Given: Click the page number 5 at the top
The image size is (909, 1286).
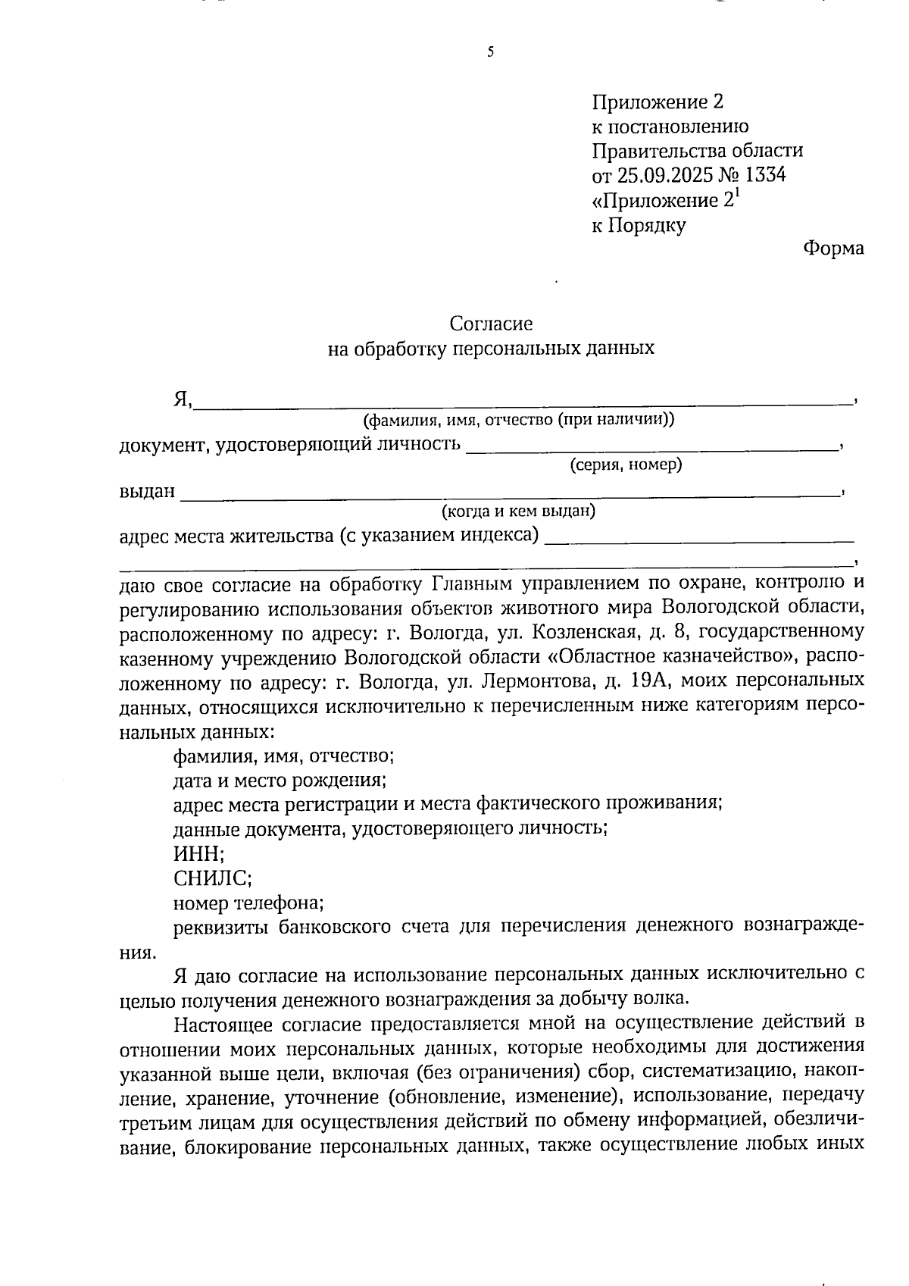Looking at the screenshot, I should (491, 52).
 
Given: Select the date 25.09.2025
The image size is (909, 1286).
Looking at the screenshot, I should (665, 176).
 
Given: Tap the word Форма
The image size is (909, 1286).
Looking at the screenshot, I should (833, 249).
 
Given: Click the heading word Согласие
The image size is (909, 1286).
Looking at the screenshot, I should (491, 324).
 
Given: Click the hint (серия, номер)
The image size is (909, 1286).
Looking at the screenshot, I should (626, 465).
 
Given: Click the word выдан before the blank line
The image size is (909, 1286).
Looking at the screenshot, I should (147, 492).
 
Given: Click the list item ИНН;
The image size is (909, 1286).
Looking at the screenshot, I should (198, 854).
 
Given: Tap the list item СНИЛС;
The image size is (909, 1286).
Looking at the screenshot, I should (212, 878).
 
